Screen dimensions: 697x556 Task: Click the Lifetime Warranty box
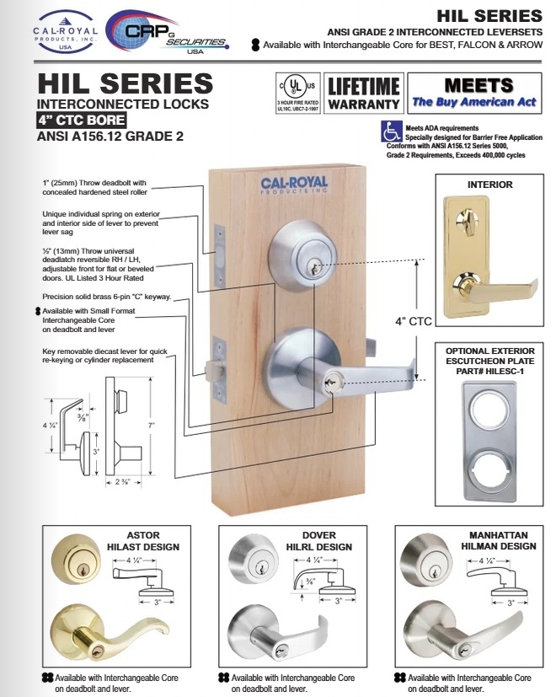tap(363, 94)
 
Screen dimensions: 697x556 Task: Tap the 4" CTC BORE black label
tap(83, 120)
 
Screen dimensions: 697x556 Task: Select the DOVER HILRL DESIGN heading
tap(317, 541)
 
